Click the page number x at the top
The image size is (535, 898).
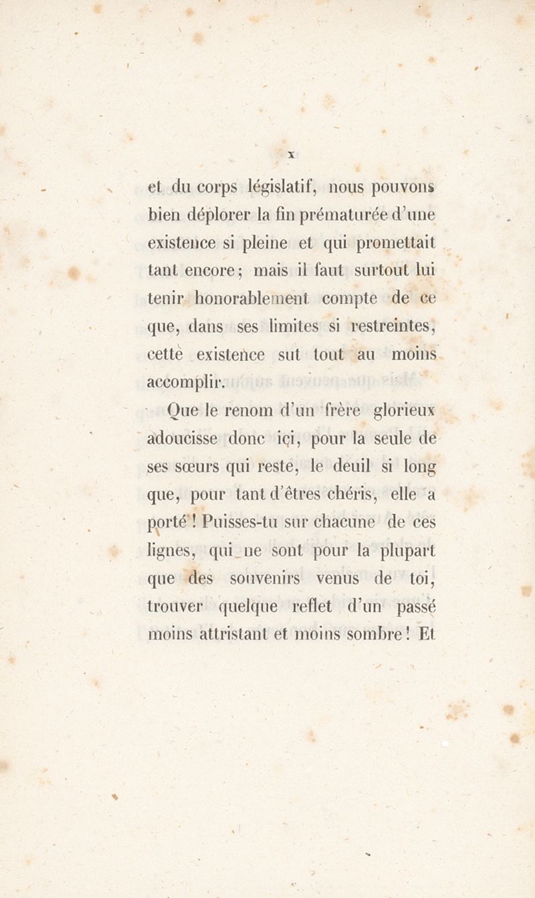coord(292,154)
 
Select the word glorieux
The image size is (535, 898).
coord(404,411)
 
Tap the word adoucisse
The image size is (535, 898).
coord(183,439)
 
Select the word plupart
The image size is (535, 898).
coord(407,552)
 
